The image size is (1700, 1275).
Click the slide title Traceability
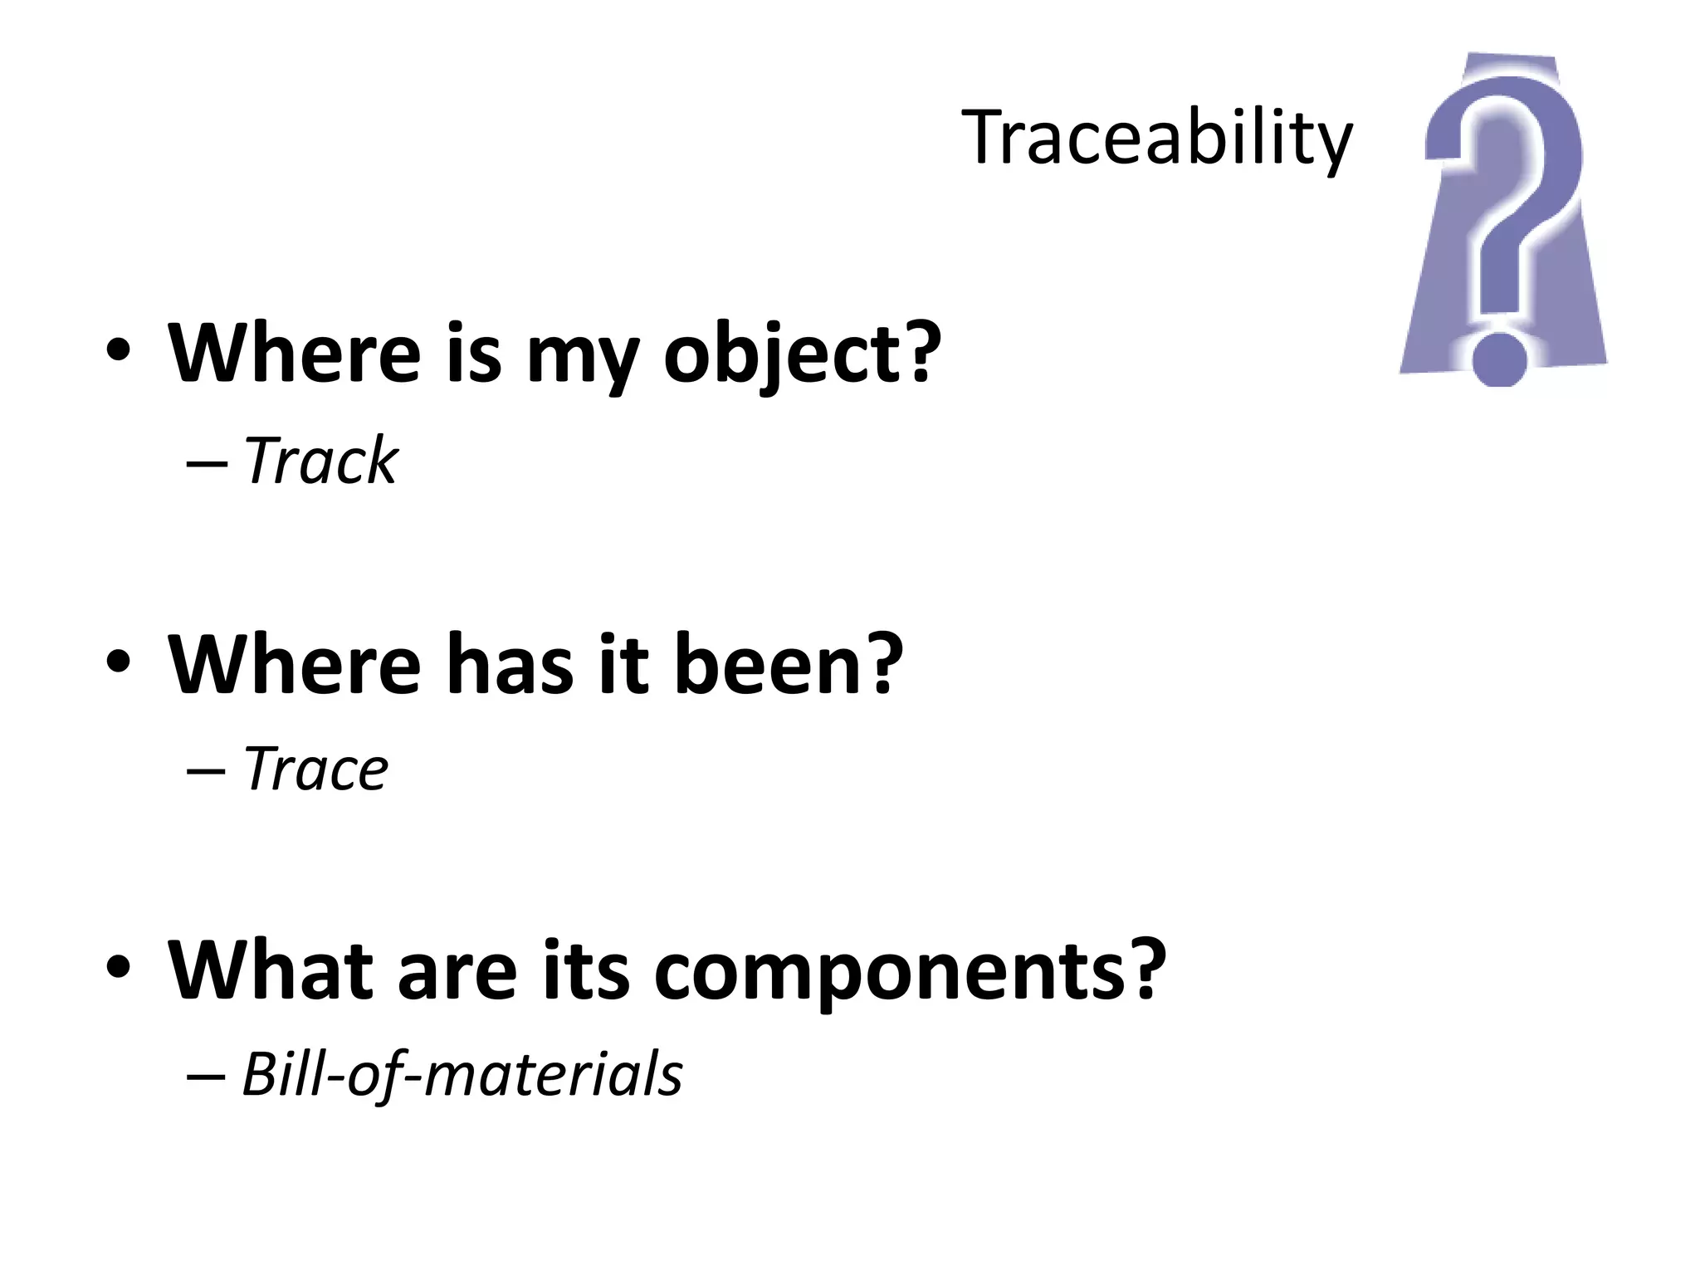tap(1156, 138)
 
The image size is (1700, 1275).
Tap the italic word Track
tap(321, 461)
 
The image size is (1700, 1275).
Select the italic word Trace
tap(315, 769)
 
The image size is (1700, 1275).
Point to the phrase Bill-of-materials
tap(462, 1074)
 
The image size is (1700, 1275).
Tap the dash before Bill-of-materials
tap(207, 1077)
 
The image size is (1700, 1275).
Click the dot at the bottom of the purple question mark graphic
tap(1499, 360)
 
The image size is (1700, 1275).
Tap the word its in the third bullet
tap(586, 970)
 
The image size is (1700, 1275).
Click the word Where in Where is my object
tap(295, 354)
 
